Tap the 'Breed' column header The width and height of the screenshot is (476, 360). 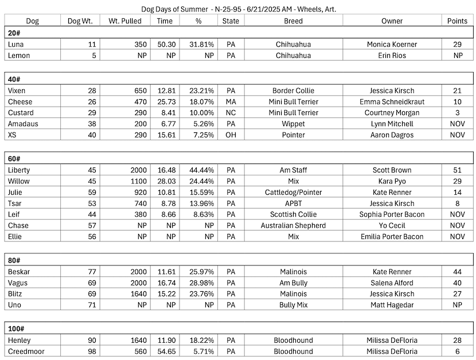(293, 21)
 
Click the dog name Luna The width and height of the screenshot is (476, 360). (17, 44)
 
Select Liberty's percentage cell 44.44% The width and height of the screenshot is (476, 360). (197, 170)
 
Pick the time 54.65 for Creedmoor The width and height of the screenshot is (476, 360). (166, 351)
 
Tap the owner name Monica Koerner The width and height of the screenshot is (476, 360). (392, 44)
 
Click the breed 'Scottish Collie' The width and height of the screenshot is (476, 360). (293, 214)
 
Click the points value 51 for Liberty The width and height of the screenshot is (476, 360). (457, 170)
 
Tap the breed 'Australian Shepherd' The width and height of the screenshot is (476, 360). (293, 225)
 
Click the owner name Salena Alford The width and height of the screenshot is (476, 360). (392, 283)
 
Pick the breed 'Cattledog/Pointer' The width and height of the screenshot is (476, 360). (293, 192)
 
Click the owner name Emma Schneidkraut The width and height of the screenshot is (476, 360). (392, 101)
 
